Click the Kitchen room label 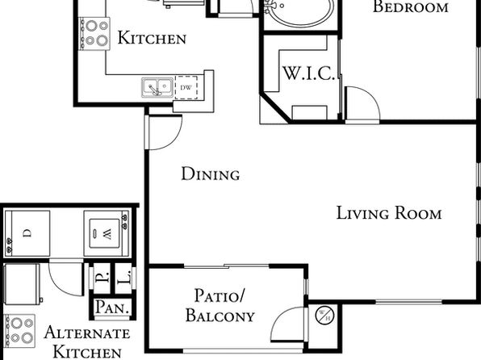click(152, 38)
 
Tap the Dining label click(211, 174)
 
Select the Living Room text click(389, 213)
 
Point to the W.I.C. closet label click(308, 73)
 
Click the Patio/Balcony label click(220, 306)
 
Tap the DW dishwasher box click(186, 87)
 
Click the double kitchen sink click(157, 87)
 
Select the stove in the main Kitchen click(94, 33)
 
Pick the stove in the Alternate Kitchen click(19, 330)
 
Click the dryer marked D click(27, 233)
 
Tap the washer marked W click(107, 233)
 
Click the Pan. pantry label click(111, 308)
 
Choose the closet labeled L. click(124, 278)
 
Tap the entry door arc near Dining click(173, 139)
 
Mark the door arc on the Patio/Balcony click(280, 316)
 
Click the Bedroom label click(411, 6)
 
